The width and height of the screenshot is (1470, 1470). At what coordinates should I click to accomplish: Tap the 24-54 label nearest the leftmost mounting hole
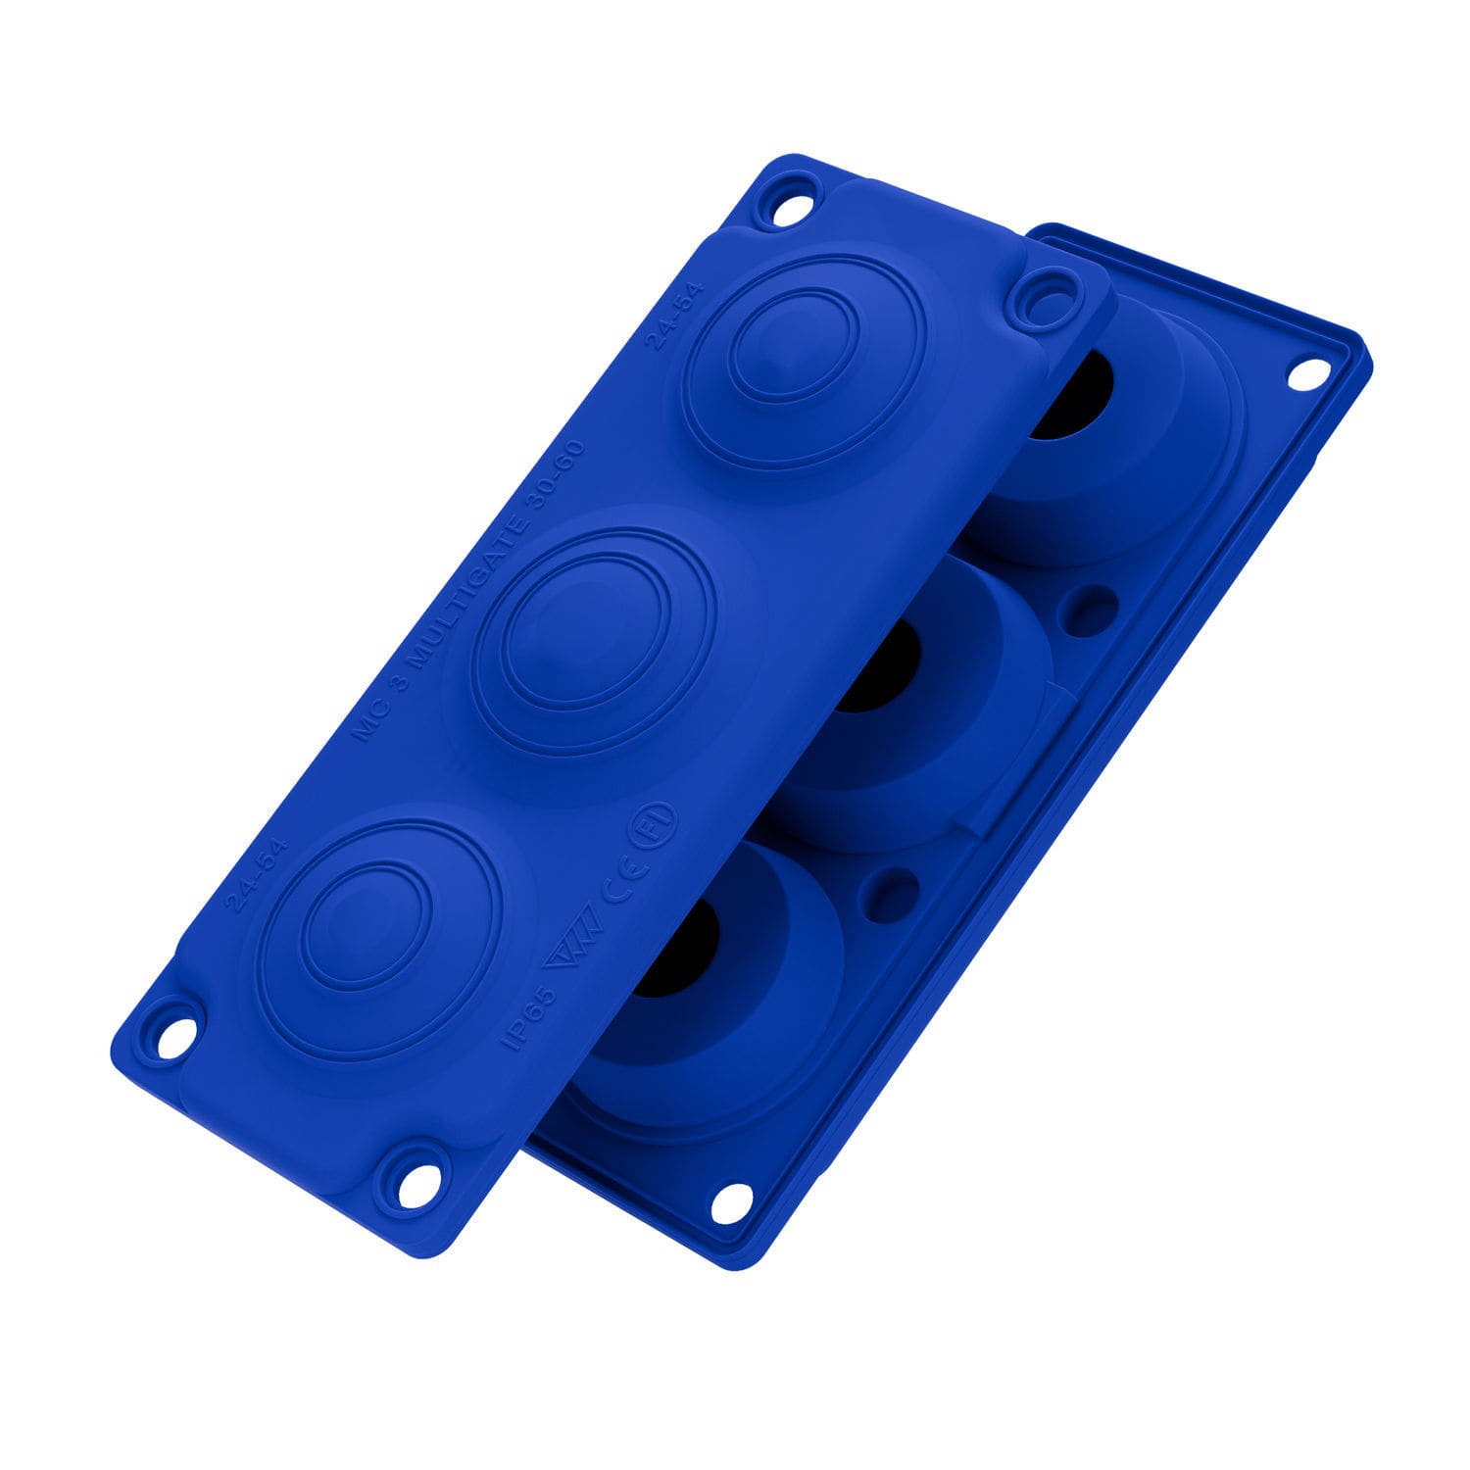[244, 875]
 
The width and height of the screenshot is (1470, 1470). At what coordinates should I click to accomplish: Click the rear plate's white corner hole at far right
[1305, 374]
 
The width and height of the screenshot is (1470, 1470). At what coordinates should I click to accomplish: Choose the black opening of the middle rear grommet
[877, 666]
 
